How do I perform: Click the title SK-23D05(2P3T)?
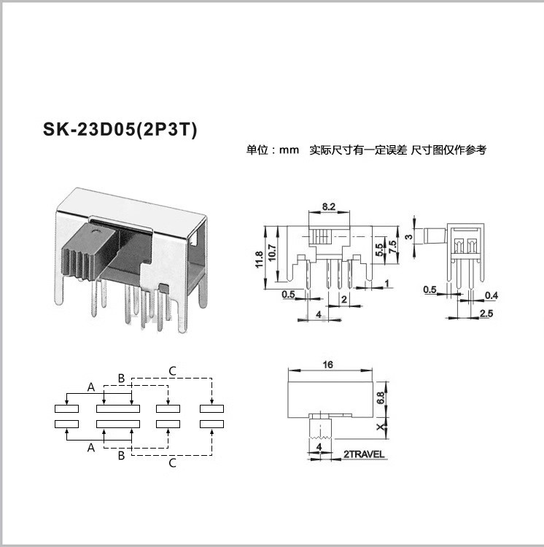120,129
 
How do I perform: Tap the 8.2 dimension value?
328,206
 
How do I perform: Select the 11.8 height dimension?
259,259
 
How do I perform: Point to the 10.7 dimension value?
272,252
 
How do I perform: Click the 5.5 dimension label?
379,249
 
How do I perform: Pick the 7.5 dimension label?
392,247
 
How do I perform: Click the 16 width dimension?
328,365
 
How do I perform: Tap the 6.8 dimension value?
381,397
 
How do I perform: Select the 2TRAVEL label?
364,454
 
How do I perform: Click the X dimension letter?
381,427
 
